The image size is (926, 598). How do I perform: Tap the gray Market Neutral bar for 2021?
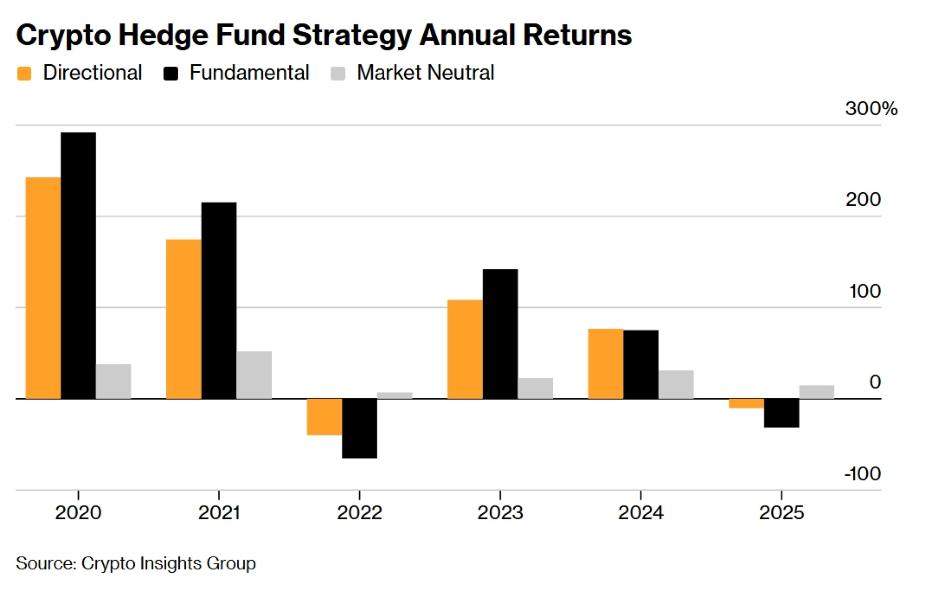pos(254,375)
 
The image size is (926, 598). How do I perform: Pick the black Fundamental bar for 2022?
pos(359,428)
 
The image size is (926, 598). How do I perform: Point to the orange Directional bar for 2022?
pos(324,417)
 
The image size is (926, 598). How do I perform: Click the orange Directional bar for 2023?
pos(465,349)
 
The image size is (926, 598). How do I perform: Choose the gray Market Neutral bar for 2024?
pos(676,384)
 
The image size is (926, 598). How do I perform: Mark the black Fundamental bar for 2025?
pos(781,413)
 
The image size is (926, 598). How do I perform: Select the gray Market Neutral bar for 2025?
pos(816,392)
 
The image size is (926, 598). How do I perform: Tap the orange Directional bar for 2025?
pos(746,403)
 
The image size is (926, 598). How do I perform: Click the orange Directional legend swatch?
pos(24,74)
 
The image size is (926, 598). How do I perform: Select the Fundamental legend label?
pos(249,73)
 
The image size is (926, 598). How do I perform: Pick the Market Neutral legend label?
pos(425,73)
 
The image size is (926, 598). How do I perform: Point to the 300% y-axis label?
pos(871,108)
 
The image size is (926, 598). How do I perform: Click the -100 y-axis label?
pos(862,473)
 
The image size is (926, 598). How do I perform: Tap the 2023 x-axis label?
pos(500,512)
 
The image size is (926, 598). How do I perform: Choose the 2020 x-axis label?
pos(78,512)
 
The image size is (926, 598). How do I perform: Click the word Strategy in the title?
pos(352,35)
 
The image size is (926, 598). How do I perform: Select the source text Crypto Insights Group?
pos(169,563)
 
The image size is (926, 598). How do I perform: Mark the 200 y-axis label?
pos(863,199)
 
